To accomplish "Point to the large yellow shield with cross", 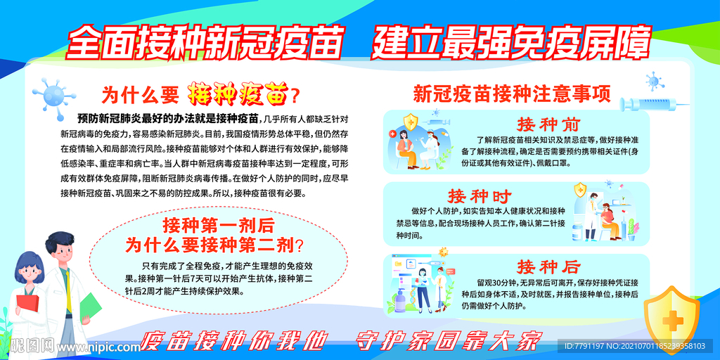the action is point(671,317).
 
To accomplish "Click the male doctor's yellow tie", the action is point(68,292).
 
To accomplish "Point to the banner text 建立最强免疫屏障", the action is point(510,44).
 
